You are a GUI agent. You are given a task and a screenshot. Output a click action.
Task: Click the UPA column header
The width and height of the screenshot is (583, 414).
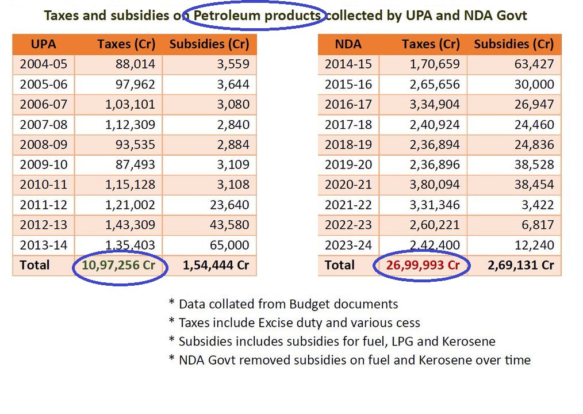point(43,44)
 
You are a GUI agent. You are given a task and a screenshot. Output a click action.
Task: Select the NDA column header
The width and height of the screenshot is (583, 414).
point(348,44)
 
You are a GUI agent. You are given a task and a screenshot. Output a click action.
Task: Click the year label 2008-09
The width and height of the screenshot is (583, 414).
point(44,144)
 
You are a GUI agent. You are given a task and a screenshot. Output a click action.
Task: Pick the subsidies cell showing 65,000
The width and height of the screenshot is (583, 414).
point(230,245)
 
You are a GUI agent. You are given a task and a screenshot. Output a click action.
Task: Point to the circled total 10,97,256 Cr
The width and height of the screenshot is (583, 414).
point(119,265)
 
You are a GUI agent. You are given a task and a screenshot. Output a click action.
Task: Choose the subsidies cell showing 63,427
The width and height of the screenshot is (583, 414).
point(535,64)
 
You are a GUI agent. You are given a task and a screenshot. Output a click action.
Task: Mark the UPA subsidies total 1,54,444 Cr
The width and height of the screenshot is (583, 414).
point(216,265)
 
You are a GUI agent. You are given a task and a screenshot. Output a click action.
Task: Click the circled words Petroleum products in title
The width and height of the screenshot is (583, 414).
point(257,16)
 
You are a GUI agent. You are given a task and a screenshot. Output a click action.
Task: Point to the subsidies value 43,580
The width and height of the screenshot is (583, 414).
point(230,225)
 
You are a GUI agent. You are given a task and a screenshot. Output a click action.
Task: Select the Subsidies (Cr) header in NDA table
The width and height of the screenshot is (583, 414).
point(513,44)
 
